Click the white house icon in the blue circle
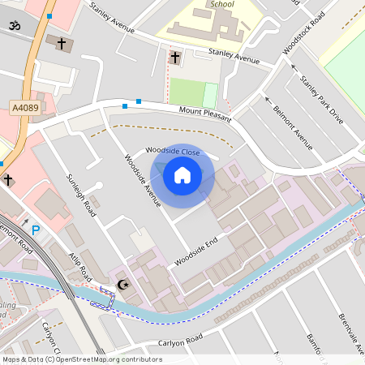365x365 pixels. [x=182, y=174]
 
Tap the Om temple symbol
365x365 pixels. [x=13, y=26]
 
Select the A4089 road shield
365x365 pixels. [x=24, y=106]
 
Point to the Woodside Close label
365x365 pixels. [x=173, y=151]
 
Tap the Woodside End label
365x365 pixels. [x=196, y=253]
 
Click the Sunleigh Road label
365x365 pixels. [x=82, y=195]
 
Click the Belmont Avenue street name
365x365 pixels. [x=293, y=128]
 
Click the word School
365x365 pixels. [x=221, y=4]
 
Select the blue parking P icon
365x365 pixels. [x=36, y=230]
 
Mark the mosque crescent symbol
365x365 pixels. [x=123, y=285]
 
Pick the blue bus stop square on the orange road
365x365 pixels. [x=49, y=16]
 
